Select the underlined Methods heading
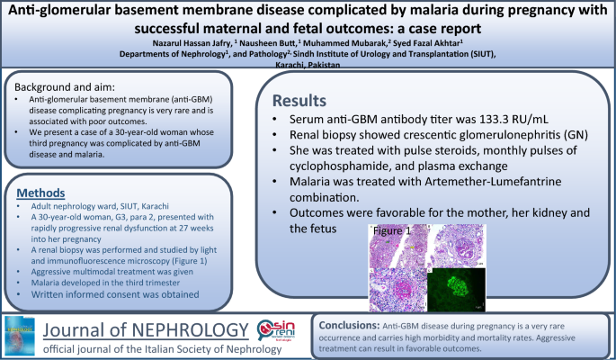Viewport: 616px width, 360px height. click(43, 194)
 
